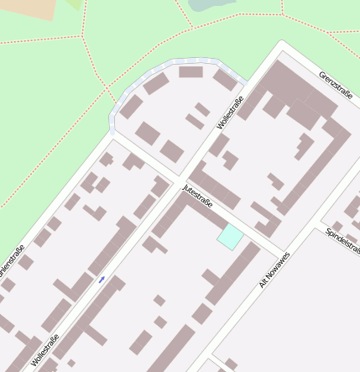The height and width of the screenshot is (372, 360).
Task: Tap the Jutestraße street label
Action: point(197,195)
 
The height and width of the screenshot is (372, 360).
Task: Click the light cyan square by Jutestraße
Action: point(230,236)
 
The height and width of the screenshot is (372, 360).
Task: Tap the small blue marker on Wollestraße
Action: point(102,280)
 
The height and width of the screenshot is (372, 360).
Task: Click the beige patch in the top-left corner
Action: point(25,8)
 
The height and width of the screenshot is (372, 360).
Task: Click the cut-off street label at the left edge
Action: point(12,260)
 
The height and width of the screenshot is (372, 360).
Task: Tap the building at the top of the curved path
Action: point(190,72)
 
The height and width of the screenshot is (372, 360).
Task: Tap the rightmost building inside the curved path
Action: point(225,80)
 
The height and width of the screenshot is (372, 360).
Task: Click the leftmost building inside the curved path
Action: point(131,107)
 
